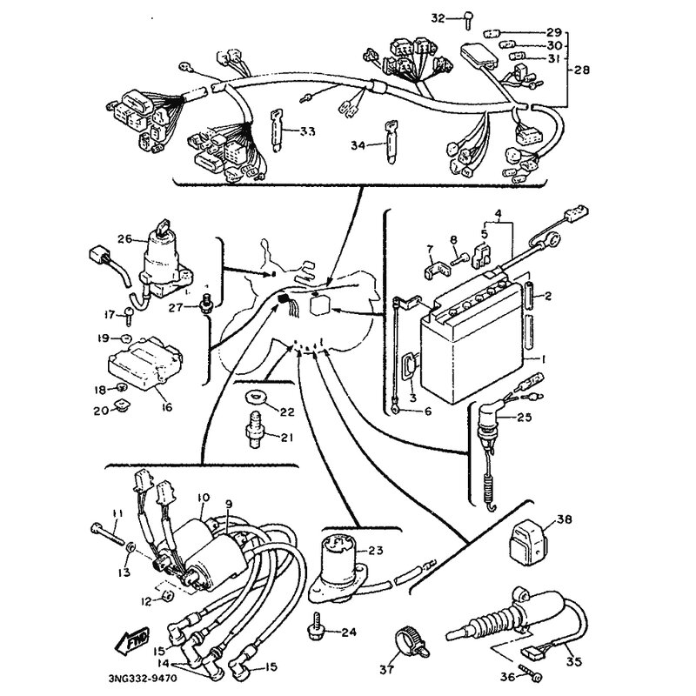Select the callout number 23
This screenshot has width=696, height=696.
[x=375, y=551]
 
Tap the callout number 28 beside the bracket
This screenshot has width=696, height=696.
[x=579, y=67]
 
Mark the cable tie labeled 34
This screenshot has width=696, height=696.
[x=388, y=137]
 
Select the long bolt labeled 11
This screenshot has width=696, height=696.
[x=109, y=532]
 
